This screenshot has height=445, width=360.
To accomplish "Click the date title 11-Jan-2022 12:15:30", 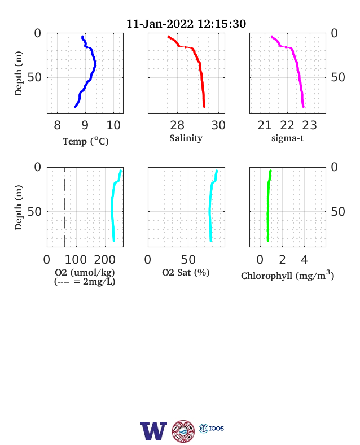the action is pyautogui.click(x=186, y=24).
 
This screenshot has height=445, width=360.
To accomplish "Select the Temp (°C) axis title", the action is pyautogui.click(x=85, y=141).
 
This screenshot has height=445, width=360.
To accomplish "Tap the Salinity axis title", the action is pyautogui.click(x=186, y=138).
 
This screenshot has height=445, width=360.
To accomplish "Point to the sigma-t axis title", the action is pyautogui.click(x=287, y=138).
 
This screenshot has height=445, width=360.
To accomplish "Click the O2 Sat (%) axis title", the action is pyautogui.click(x=186, y=272).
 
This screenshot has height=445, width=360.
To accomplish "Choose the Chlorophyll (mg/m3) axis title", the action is pyautogui.click(x=287, y=275).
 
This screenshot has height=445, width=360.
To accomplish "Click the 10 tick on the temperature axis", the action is pyautogui.click(x=113, y=125).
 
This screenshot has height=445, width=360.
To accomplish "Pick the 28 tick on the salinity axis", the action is pyautogui.click(x=177, y=125).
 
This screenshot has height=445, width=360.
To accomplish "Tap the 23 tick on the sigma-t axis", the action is pyautogui.click(x=310, y=125).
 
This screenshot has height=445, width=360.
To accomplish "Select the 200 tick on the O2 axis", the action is pyautogui.click(x=104, y=259).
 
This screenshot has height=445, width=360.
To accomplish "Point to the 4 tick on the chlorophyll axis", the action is pyautogui.click(x=304, y=259).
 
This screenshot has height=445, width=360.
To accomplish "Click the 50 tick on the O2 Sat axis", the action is pyautogui.click(x=188, y=259).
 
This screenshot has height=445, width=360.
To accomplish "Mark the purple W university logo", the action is pyautogui.click(x=153, y=431).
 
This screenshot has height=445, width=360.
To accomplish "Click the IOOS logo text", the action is pyautogui.click(x=217, y=428).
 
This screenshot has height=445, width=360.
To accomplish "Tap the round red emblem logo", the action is pyautogui.click(x=183, y=431).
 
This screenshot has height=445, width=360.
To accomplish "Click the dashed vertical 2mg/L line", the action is pyautogui.click(x=64, y=207).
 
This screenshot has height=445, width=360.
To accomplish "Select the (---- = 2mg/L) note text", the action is pyautogui.click(x=85, y=282).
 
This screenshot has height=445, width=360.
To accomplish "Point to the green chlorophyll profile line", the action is pyautogui.click(x=268, y=206).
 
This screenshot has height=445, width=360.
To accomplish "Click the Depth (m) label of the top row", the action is pyautogui.click(x=18, y=73).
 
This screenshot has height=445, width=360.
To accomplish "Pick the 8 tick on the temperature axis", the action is pyautogui.click(x=57, y=125).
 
